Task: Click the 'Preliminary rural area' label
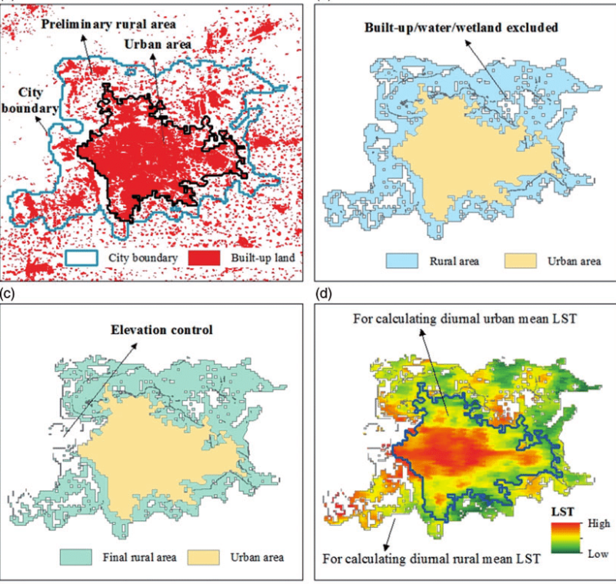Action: [108, 25]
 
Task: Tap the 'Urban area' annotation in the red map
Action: [158, 45]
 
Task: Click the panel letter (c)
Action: [9, 293]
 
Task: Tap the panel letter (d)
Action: [324, 293]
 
